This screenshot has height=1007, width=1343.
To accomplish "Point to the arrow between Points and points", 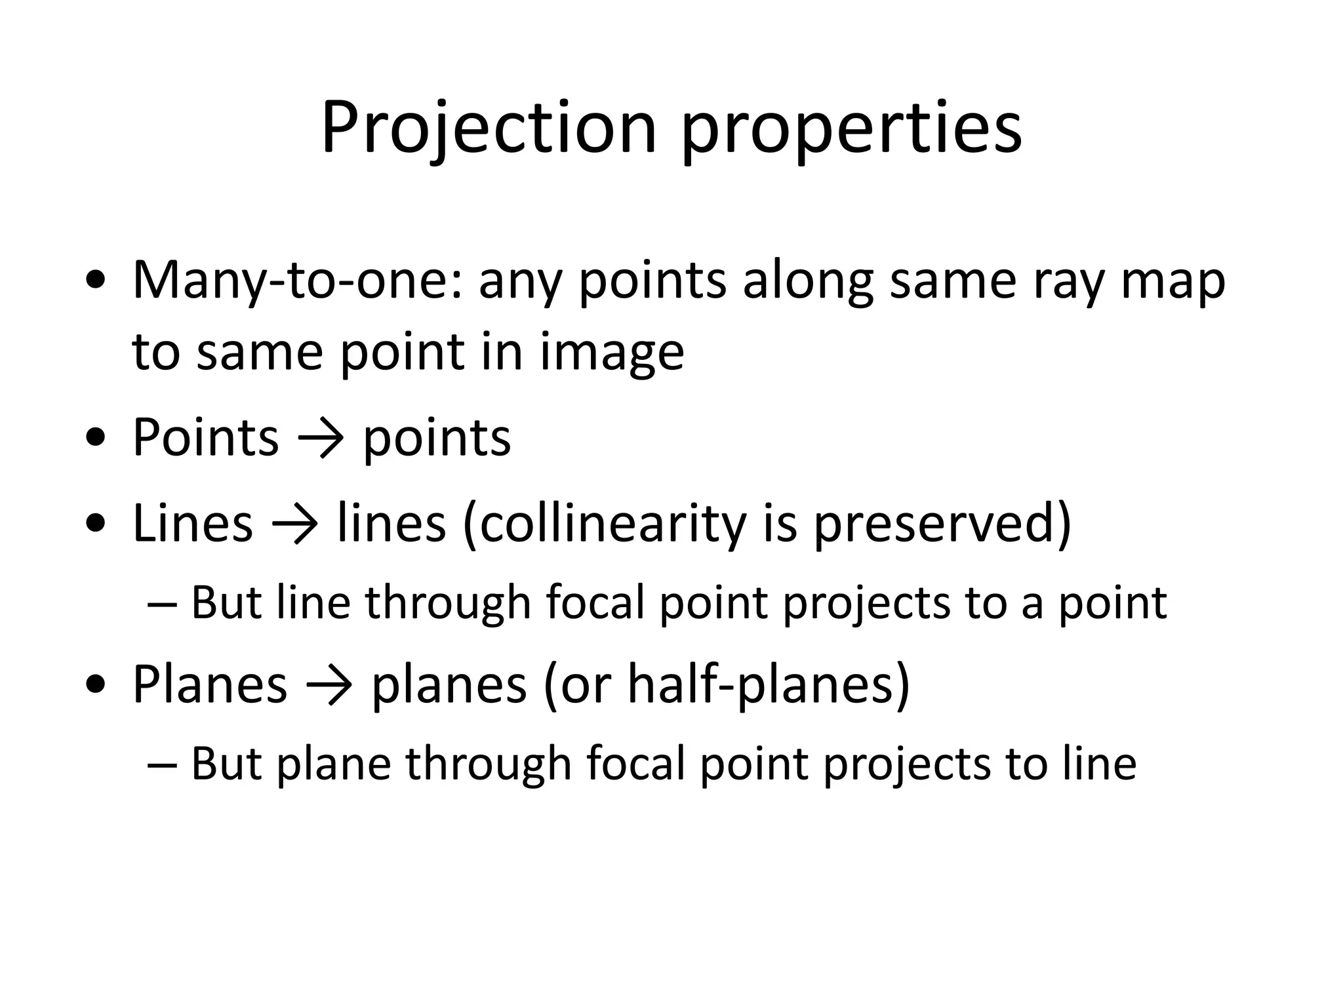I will pos(321,438).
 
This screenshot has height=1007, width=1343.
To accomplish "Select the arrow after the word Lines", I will pos(294,524).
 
